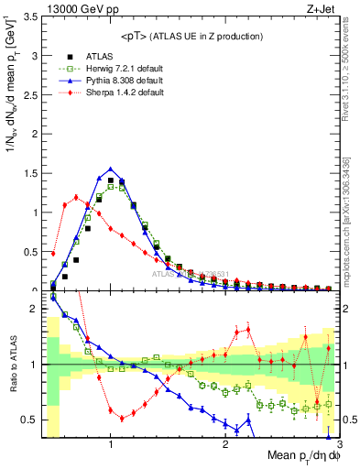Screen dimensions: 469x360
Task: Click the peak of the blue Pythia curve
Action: (110, 169)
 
